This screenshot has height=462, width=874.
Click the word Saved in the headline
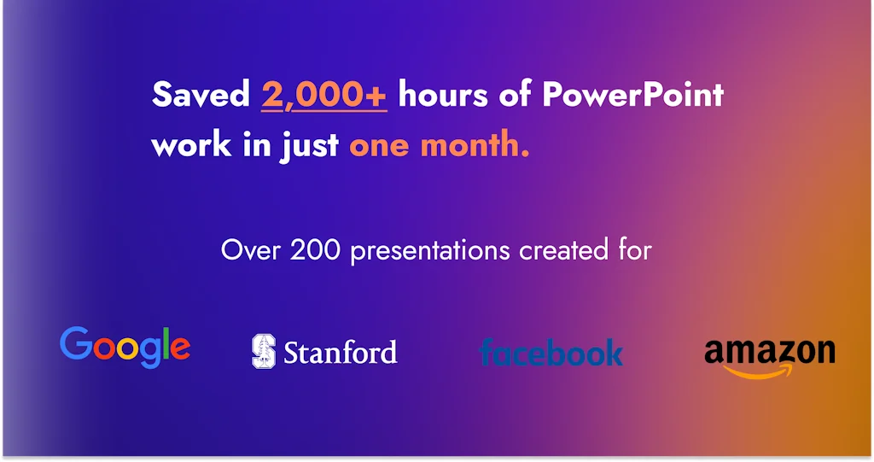pos(201,94)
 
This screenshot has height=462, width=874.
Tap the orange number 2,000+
pos(323,95)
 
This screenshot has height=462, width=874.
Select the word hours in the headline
pos(443,94)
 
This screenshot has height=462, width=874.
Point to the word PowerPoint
pos(632,94)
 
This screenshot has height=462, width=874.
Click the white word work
pos(191,145)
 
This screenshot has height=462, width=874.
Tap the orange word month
pos(475,144)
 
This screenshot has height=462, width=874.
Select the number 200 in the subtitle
pos(315,250)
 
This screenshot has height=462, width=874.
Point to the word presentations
pos(430,252)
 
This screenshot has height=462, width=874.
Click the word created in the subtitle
pos(563,250)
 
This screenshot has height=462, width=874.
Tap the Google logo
pos(125,347)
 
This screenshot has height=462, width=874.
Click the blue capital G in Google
pos(76,342)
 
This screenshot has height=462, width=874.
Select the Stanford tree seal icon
pos(264,351)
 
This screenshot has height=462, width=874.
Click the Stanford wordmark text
pos(341,353)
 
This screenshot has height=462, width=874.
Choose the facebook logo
pos(551,352)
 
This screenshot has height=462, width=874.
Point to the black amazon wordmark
pos(770,352)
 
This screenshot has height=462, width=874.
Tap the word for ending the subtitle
pos(635,250)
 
